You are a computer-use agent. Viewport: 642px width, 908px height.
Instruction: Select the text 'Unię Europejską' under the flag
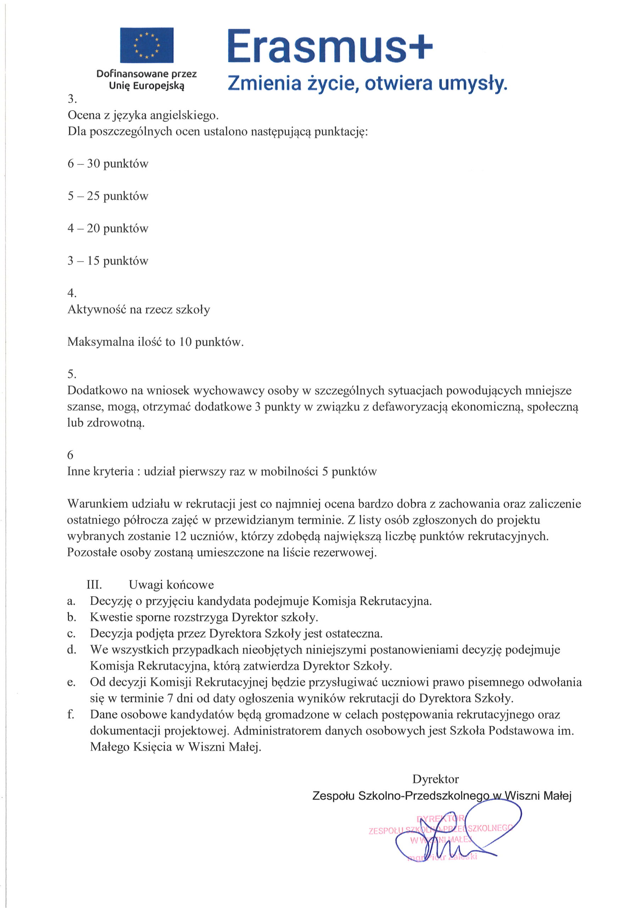tap(146, 85)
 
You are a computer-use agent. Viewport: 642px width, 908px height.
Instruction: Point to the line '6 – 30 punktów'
tap(107, 164)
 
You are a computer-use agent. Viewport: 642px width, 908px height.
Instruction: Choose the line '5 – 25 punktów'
tap(107, 196)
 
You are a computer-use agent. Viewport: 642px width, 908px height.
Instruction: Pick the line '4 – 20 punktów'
tap(107, 228)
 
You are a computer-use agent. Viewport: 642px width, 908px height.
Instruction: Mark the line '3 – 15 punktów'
tap(107, 261)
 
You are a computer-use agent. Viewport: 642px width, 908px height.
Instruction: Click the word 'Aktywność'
tap(96, 309)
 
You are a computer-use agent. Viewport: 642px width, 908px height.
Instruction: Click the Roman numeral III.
tap(94, 585)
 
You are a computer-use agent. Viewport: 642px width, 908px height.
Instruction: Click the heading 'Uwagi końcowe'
tap(171, 585)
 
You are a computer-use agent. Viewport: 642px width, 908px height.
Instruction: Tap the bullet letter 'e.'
tap(71, 682)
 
